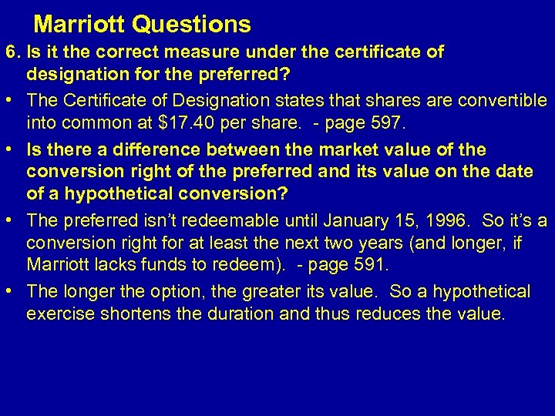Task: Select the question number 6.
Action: click(12, 53)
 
